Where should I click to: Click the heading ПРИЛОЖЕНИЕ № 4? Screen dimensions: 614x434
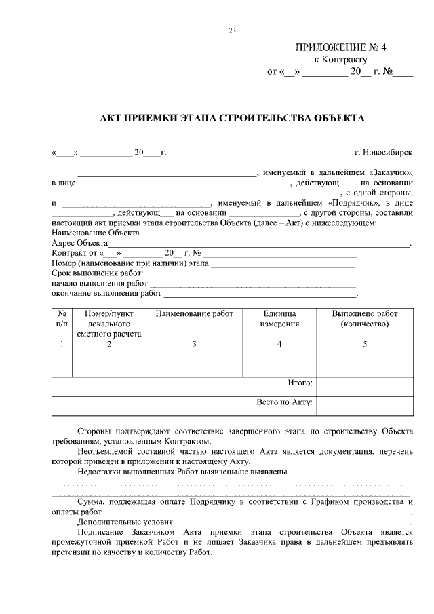[x=340, y=47]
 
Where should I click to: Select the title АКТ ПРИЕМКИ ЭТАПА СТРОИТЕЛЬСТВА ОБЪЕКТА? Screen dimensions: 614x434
[x=232, y=118]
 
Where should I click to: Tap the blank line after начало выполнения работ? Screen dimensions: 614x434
[x=252, y=284]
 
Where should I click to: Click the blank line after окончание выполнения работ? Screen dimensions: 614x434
[x=260, y=294]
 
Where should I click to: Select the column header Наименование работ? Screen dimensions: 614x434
[x=194, y=314]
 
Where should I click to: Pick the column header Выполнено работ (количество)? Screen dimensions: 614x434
[x=364, y=319]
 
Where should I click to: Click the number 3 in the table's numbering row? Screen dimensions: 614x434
[x=194, y=345]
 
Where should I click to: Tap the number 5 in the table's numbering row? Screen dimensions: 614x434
[x=364, y=345]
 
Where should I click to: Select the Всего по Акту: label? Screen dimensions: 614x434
[x=284, y=402]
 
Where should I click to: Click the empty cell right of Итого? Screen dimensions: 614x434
[x=364, y=385]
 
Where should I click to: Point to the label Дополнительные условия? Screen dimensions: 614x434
[x=125, y=523]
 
